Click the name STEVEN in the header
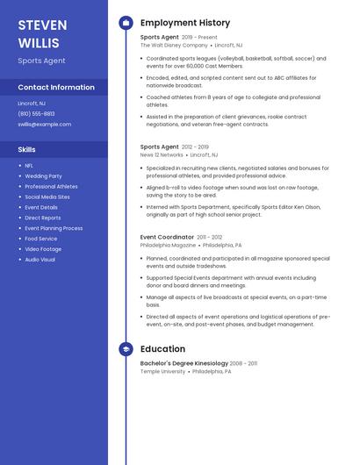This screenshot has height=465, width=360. point(42,25)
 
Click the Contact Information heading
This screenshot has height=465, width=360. point(56,87)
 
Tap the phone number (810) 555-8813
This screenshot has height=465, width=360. point(36,113)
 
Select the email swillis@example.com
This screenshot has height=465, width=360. point(44,124)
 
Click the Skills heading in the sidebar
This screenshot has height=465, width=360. point(27,149)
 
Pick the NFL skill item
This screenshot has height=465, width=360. point(29,165)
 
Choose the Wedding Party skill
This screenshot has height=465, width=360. point(43,175)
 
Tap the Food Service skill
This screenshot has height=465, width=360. point(41,239)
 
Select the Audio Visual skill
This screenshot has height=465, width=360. point(40,260)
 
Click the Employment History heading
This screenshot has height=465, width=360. point(185,23)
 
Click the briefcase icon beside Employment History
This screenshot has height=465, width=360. point(126,23)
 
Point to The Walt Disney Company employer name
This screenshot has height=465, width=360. point(174,45)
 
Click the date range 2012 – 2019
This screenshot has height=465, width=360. point(195,147)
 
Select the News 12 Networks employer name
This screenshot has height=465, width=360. point(162,154)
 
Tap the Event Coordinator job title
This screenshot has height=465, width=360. point(167,237)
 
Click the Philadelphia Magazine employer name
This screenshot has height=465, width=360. point(169,245)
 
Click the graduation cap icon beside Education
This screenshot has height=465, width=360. point(126,349)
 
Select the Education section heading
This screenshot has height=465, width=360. point(163,349)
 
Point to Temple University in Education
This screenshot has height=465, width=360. point(163,371)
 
